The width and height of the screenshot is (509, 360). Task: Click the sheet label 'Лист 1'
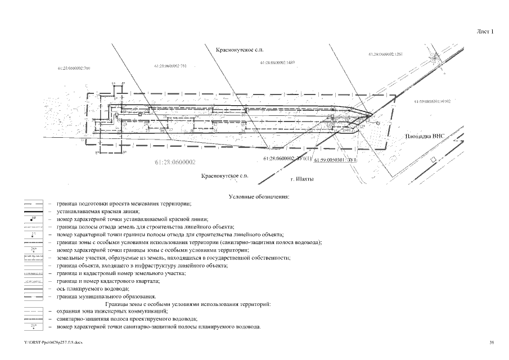pos(485,31)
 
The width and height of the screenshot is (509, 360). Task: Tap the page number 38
pos(492,342)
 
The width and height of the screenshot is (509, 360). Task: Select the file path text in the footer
pos(50,342)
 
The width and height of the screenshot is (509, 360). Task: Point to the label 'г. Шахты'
pos(299,179)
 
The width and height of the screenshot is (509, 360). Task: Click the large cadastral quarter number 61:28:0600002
pos(174,163)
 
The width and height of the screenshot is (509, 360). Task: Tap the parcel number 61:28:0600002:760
pos(74,68)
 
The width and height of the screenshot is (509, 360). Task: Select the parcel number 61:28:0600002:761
pos(170,66)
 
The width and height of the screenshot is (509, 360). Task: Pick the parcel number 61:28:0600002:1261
pos(386,54)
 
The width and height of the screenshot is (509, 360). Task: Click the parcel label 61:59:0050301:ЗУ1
pos(335,160)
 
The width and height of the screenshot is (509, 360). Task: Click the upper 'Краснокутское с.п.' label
pos(240,50)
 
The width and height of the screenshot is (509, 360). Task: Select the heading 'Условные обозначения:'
pos(259,197)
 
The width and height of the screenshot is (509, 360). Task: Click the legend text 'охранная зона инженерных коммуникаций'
pos(112,311)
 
